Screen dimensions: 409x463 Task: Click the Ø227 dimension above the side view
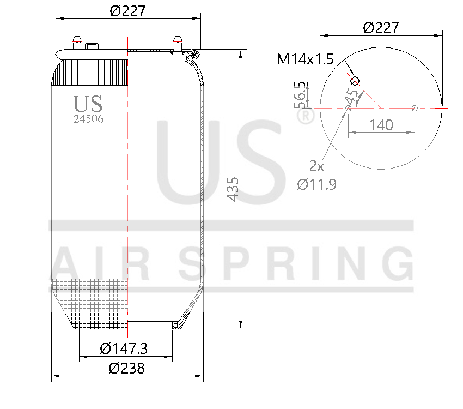128,10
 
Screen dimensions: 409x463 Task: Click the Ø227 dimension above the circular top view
381,27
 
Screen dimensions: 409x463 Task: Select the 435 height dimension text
233,189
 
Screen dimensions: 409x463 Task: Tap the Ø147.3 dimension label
124,347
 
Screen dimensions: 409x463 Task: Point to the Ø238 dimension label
126,368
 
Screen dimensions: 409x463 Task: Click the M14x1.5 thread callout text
304,59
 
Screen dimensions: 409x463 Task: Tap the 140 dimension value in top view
381,125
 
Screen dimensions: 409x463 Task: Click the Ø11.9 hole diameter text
316,184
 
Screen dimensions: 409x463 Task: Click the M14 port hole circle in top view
355,81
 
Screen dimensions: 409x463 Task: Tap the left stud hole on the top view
348,109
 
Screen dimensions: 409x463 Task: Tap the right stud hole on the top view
415,109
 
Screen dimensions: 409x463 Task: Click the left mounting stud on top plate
77,43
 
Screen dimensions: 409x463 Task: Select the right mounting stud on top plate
177,43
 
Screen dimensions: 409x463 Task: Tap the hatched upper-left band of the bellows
90,73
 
